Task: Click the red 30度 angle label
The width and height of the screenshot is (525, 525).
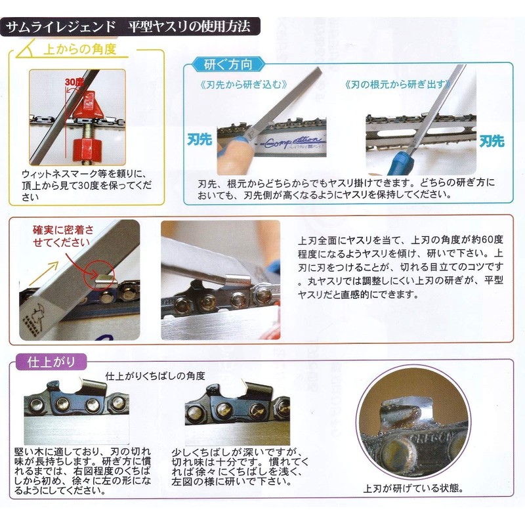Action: coord(74,81)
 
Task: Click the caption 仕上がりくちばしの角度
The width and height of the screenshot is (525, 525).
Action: coord(156,377)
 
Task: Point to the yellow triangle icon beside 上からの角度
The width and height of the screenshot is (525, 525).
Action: coord(27,49)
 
